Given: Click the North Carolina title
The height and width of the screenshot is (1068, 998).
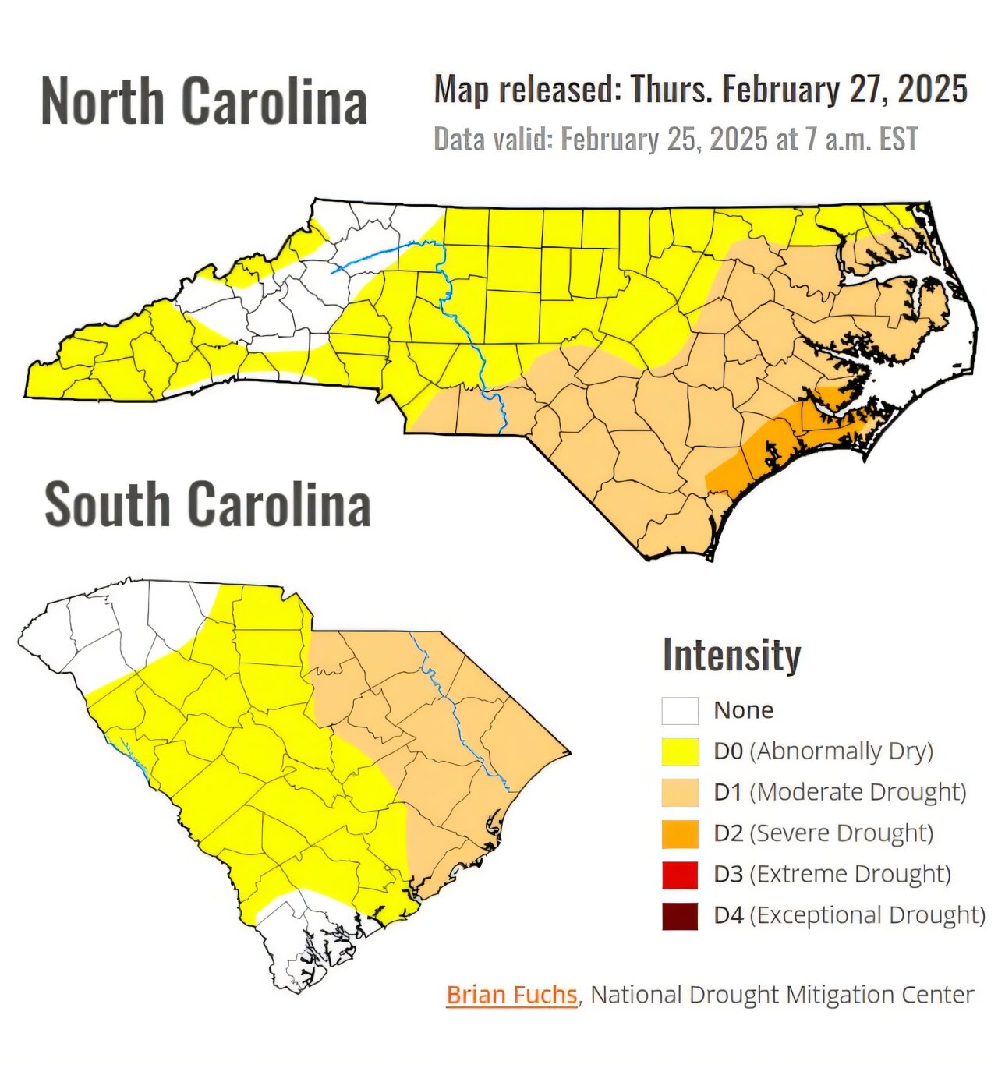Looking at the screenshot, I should click(x=203, y=101).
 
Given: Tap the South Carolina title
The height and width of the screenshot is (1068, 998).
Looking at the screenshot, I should click(x=207, y=505).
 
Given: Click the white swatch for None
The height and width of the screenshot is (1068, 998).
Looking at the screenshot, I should click(x=680, y=710).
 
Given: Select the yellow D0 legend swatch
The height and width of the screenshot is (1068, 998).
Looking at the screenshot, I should click(x=680, y=751).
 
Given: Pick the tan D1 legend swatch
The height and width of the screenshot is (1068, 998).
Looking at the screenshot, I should click(x=680, y=792).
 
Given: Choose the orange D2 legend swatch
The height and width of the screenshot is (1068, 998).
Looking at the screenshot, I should click(x=680, y=833).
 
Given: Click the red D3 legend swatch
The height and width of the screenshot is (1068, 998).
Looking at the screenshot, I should click(x=680, y=875).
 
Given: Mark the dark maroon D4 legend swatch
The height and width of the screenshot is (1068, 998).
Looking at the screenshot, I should click(x=680, y=915).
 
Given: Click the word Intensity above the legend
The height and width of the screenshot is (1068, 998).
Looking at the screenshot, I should click(x=731, y=655).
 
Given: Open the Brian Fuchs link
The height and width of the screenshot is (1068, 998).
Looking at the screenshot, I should click(x=511, y=995).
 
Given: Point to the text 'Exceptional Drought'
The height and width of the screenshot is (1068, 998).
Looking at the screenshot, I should click(x=867, y=915).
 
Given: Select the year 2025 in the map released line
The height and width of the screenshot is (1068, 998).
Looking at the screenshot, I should click(x=933, y=90).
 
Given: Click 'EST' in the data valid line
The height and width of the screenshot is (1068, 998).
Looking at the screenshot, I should click(x=898, y=140).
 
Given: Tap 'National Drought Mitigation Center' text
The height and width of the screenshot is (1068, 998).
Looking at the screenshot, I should click(x=782, y=995).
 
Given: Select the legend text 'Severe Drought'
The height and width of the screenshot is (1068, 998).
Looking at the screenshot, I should click(x=841, y=833).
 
